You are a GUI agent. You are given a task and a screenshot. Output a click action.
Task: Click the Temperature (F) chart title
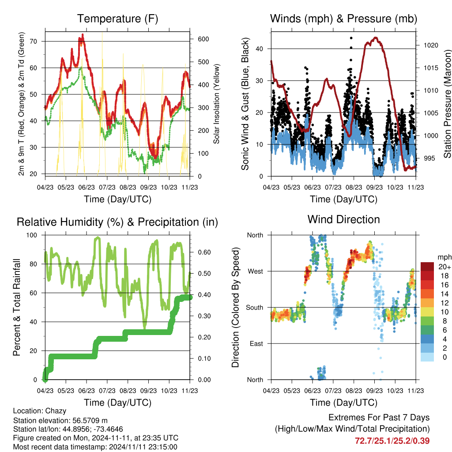(117, 19)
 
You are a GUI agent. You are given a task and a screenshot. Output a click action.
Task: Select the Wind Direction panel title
(343, 219)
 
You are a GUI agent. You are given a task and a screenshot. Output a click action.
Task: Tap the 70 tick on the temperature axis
(34, 41)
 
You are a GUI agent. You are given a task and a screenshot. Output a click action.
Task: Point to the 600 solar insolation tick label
(203, 39)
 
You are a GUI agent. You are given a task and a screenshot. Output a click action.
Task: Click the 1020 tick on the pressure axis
(431, 45)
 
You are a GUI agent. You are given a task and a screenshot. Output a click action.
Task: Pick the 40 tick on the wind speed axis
(260, 49)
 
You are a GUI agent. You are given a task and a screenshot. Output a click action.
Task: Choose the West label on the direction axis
(256, 271)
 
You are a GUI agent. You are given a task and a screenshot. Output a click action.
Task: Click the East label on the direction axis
(256, 343)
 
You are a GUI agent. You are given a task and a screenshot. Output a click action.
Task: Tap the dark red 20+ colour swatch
(427, 267)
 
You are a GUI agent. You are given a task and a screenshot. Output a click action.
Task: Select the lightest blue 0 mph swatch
(427, 357)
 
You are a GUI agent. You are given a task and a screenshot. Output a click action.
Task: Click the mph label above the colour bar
(444, 257)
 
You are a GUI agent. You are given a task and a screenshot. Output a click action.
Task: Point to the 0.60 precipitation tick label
(204, 252)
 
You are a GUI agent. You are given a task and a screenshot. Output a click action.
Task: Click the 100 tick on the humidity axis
(32, 235)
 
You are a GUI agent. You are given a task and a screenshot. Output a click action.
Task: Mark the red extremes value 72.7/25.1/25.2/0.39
(392, 441)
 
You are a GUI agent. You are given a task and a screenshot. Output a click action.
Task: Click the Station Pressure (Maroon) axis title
(447, 104)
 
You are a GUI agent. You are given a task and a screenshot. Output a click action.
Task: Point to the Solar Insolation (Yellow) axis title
(216, 104)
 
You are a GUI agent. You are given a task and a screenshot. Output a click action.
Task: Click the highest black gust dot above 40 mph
(351, 38)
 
